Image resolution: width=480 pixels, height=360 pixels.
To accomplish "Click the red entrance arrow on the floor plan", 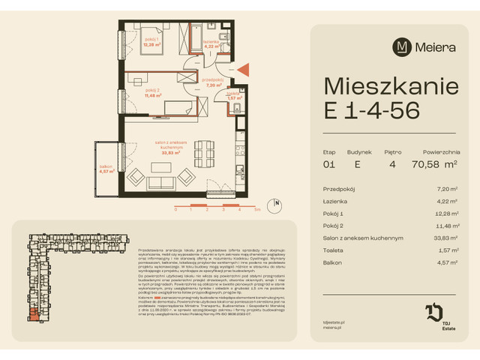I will tap(244, 70).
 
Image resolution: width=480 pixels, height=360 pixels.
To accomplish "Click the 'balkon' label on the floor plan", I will tap(106, 166).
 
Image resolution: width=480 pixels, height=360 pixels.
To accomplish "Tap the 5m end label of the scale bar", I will tap(256, 211).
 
